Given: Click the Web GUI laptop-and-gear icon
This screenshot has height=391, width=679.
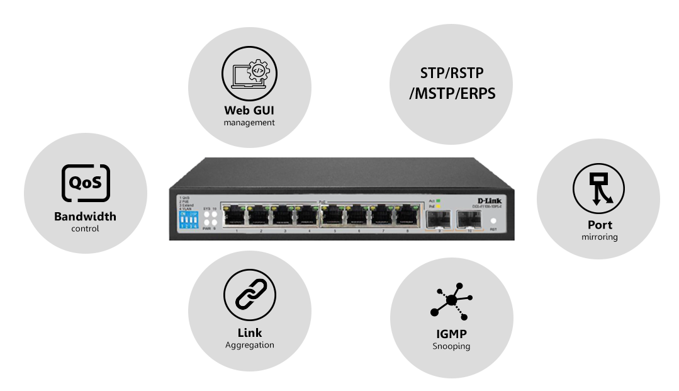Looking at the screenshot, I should click(249, 72).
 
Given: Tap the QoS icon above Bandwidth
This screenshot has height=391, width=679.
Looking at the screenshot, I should click(86, 183).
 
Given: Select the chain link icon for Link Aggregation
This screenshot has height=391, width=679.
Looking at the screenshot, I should click(249, 294).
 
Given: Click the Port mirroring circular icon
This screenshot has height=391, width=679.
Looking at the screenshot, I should click(598, 188).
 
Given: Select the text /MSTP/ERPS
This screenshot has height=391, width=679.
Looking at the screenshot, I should click(452, 94).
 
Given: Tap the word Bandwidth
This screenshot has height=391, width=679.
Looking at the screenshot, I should click(85, 217).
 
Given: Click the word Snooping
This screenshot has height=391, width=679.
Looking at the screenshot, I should click(451, 346).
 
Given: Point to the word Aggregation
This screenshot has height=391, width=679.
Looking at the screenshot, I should click(249, 345).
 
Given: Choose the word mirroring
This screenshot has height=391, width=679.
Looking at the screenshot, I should click(599, 237).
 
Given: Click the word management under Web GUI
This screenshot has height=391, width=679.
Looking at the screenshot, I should click(249, 123).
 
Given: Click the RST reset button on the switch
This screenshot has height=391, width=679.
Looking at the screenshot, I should click(493, 222).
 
